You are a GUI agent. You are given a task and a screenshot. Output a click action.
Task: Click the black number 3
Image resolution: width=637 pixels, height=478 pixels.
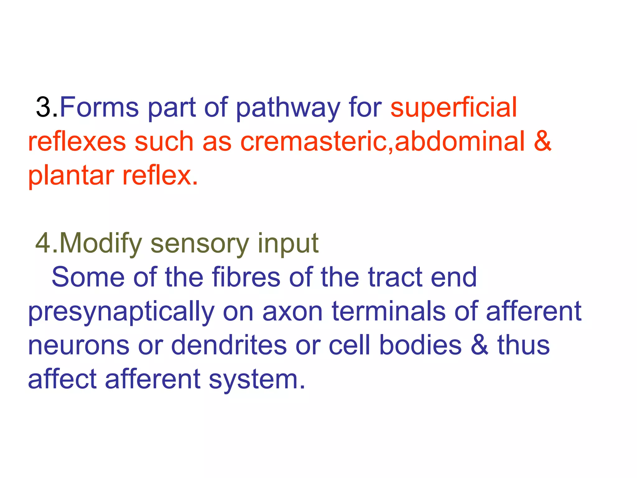tap(44, 107)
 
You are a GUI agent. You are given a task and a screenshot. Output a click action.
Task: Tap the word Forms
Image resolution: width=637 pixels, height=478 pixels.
tap(99, 107)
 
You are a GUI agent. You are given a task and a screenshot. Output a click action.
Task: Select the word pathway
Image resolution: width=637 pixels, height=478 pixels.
tap(288, 108)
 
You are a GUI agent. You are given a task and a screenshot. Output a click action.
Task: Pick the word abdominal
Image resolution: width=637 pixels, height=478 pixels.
tap(460, 142)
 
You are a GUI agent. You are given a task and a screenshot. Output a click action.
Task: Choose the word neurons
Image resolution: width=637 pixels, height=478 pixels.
tap(79, 346)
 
